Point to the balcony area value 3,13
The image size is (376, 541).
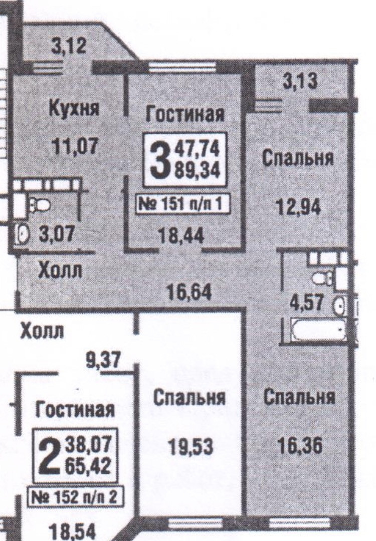click(x=299, y=82)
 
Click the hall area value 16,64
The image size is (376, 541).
click(x=187, y=291)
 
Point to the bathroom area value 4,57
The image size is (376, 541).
click(x=308, y=303)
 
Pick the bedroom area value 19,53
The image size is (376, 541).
click(x=189, y=446)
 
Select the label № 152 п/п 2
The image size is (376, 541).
click(x=74, y=499)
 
